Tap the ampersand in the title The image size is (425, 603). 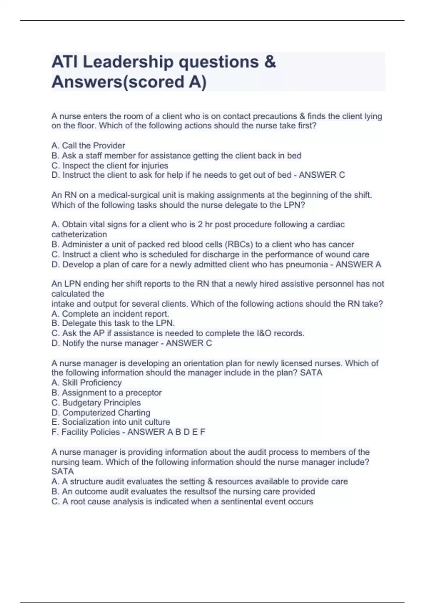[x=270, y=62]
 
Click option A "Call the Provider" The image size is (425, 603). [x=88, y=145]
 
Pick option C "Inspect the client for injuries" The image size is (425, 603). [x=110, y=166]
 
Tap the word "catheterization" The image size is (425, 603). [x=79, y=234]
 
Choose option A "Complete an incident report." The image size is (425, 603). [x=110, y=314]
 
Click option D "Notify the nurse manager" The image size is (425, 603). [x=105, y=343]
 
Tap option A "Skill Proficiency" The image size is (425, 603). [x=86, y=383]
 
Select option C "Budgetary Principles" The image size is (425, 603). [x=96, y=403]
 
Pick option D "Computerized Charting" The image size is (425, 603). [x=101, y=413]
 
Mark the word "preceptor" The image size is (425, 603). [x=143, y=393]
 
